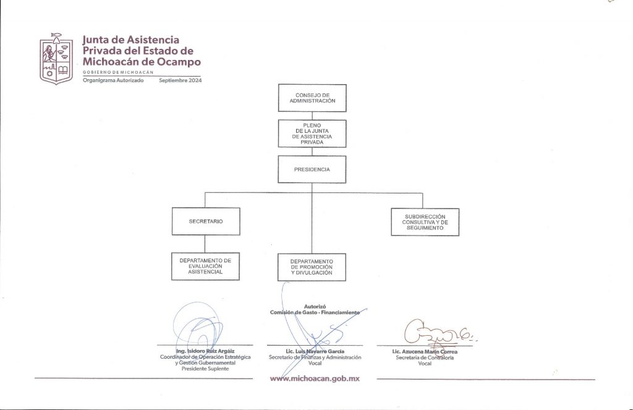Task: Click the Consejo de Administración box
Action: tap(312, 98)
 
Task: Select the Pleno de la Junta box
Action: tap(312, 134)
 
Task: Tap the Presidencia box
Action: tap(312, 169)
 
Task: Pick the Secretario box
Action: tap(206, 221)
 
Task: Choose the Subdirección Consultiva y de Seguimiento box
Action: tap(425, 222)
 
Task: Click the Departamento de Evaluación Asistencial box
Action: tap(205, 266)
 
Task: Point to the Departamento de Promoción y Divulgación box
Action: tap(312, 267)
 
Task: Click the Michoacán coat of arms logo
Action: tap(56, 59)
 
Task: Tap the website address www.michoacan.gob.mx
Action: tap(315, 378)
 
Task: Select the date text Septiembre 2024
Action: tap(180, 80)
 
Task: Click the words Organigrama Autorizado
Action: tap(113, 80)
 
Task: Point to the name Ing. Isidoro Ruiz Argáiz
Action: tap(205, 351)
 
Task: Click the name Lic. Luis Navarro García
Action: tap(315, 351)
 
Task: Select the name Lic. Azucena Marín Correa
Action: tap(425, 352)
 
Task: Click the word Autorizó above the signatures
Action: tap(315, 307)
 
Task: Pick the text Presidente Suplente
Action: tap(205, 369)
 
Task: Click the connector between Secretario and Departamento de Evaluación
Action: tap(205, 244)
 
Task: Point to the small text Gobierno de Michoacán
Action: tap(118, 72)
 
